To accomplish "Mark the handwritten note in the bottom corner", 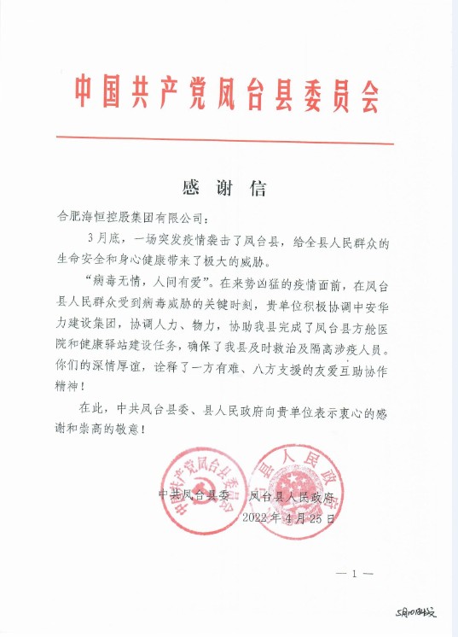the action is pyautogui.click(x=415, y=613).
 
